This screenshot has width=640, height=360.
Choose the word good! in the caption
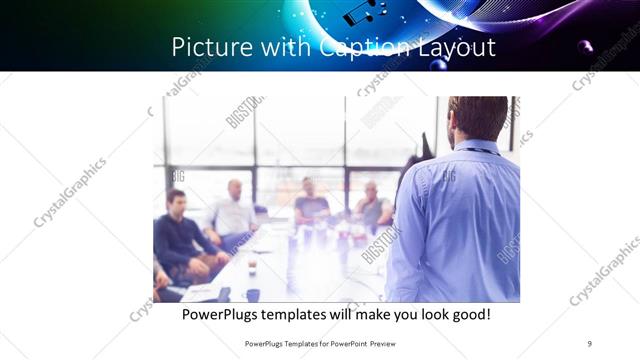pos(466,314)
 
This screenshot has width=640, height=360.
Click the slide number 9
pos(589,344)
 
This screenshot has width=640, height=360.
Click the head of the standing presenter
pos(477,118)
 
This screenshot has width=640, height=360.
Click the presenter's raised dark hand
pos(426,148)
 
